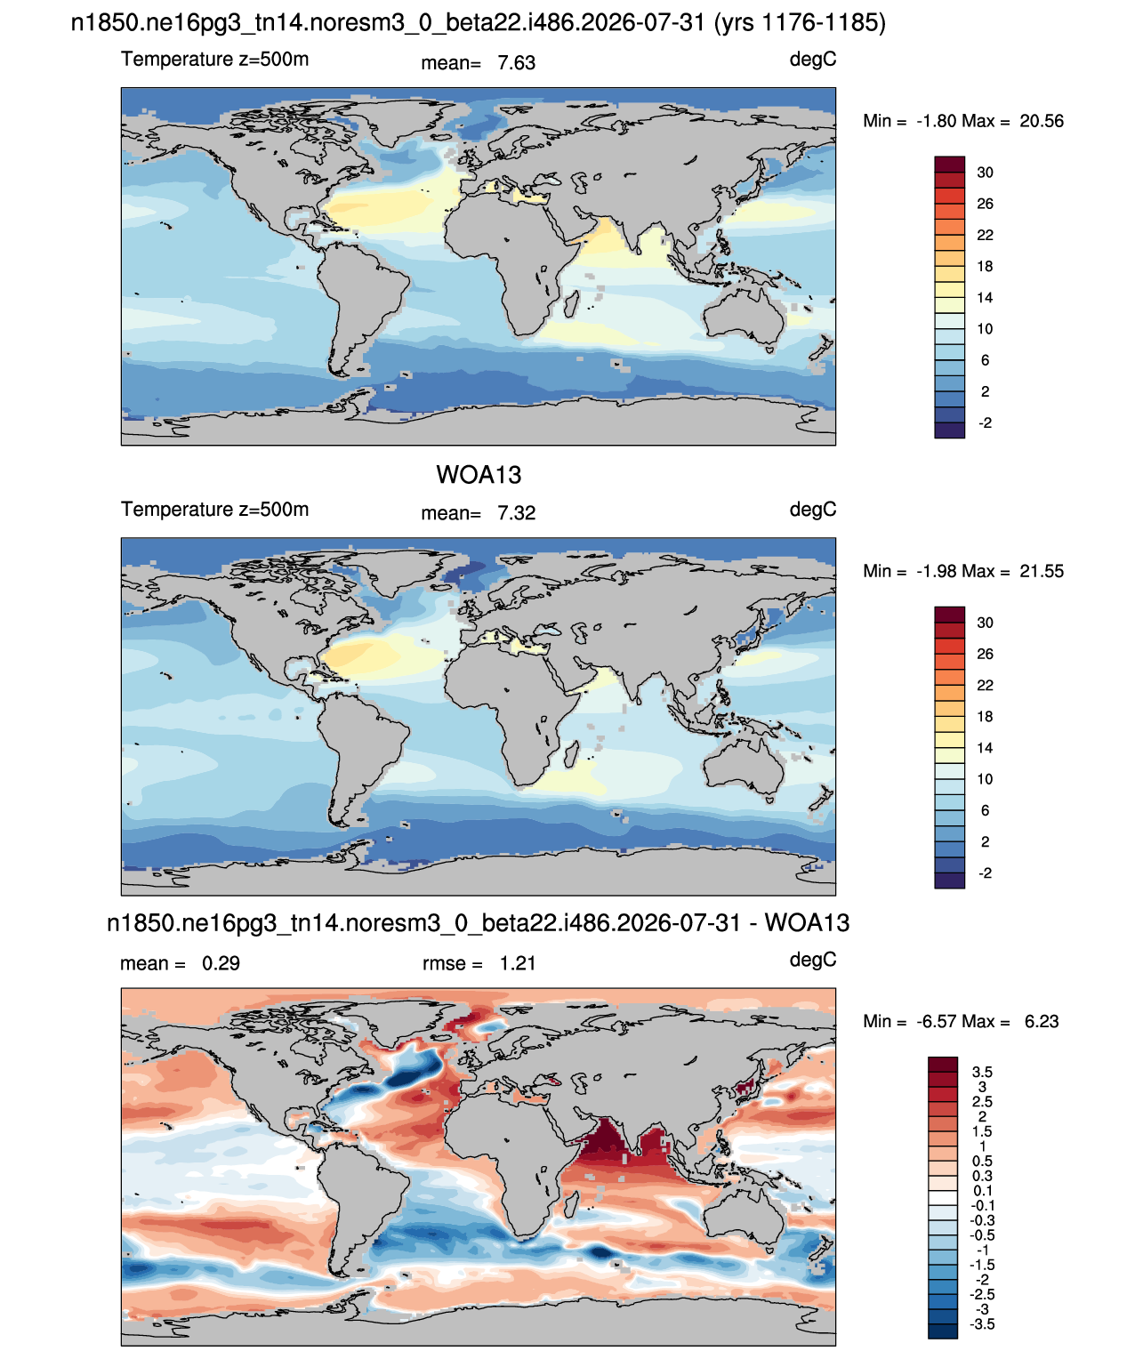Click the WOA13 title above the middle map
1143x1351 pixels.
pyautogui.click(x=479, y=475)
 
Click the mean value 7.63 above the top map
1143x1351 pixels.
pyautogui.click(x=516, y=63)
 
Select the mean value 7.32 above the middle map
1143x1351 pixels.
pyautogui.click(x=516, y=513)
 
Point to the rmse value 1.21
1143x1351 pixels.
pyautogui.click(x=518, y=963)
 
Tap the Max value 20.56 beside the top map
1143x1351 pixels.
pyautogui.click(x=1042, y=121)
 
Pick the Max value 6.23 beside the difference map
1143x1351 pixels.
pyautogui.click(x=1042, y=1022)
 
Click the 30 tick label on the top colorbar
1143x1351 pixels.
pyautogui.click(x=985, y=173)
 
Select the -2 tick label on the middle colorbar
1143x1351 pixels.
pyautogui.click(x=985, y=873)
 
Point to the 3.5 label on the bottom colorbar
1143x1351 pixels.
pyautogui.click(x=982, y=1072)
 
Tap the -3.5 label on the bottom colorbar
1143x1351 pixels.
pyautogui.click(x=982, y=1324)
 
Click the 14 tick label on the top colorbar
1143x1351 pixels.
pyautogui.click(x=985, y=298)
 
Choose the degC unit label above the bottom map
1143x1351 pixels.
pyautogui.click(x=813, y=960)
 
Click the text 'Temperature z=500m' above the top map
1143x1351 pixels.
pyautogui.click(x=214, y=59)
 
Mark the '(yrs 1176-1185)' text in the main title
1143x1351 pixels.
pyautogui.click(x=800, y=23)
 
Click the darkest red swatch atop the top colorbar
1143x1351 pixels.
pyautogui.click(x=950, y=164)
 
